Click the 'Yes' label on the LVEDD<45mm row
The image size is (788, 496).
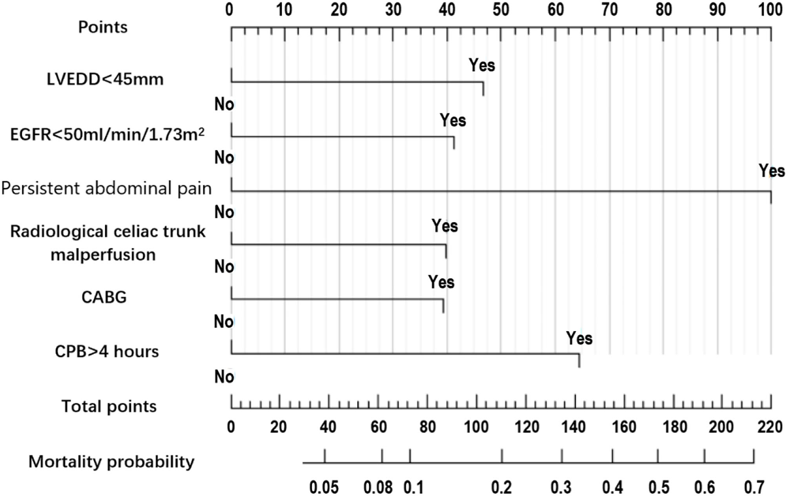click(482, 65)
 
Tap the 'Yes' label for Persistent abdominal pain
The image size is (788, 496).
click(772, 171)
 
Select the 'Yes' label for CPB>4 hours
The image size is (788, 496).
click(579, 339)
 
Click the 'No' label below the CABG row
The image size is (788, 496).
click(224, 322)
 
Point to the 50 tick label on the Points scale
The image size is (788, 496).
click(501, 9)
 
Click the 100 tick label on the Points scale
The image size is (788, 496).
click(770, 9)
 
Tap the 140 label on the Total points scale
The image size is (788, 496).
click(574, 427)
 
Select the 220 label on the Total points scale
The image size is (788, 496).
click(770, 427)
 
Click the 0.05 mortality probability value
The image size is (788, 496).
click(324, 487)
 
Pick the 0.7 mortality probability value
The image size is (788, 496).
click(754, 487)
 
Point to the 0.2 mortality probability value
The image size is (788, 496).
click(502, 487)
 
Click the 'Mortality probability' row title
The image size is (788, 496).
click(111, 462)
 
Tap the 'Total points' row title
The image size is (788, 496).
click(109, 406)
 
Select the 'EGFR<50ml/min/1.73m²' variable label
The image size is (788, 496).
click(107, 134)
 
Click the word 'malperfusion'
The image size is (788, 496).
click(103, 255)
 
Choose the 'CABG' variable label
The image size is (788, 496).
click(104, 297)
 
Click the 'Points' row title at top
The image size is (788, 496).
click(103, 27)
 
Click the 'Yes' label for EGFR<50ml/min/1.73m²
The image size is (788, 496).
click(453, 121)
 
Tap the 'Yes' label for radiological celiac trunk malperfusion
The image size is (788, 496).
click(445, 226)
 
